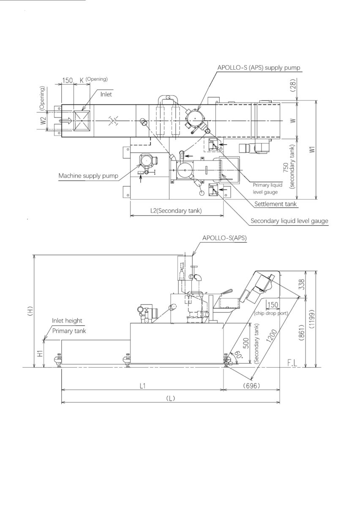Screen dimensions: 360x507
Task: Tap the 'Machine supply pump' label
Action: tap(88, 176)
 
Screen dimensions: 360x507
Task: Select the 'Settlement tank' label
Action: tap(275, 204)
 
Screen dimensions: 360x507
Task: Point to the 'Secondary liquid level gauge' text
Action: tap(289, 221)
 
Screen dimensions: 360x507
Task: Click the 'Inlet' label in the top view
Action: tap(106, 94)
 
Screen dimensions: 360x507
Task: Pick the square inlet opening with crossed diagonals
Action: tap(82, 121)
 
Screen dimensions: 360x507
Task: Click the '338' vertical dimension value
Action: tap(302, 284)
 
